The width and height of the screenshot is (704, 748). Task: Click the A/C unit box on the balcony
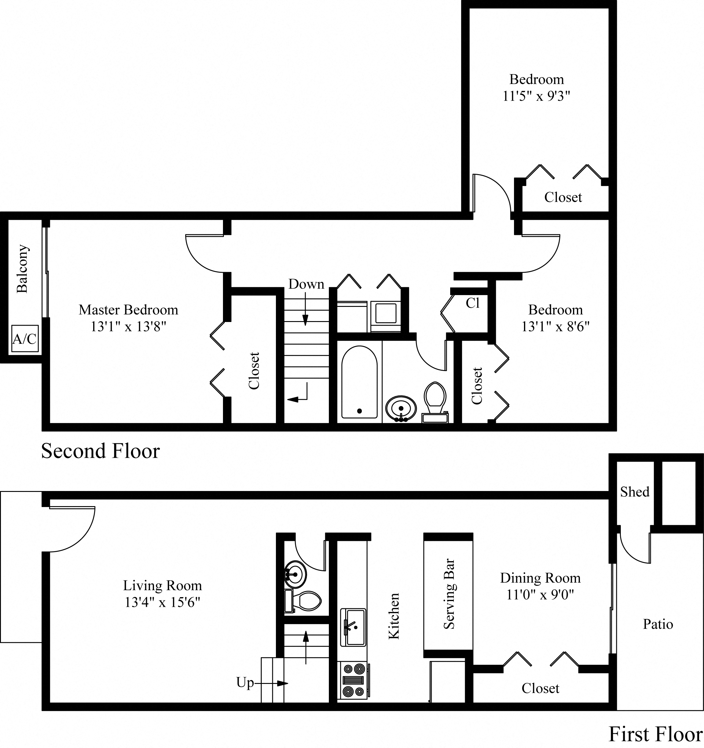pos(25,339)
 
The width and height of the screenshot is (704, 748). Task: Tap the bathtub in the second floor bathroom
pos(359,382)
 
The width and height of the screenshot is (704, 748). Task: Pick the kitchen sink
pos(353,626)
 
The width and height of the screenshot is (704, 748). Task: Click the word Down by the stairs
pos(306,284)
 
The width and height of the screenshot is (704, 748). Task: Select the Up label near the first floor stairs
pos(245,682)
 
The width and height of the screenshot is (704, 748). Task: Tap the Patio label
pos(658,624)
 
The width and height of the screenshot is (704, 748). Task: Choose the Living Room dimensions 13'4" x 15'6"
pos(162,602)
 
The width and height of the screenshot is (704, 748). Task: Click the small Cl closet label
pos(473,303)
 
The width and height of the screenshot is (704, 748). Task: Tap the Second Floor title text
pos(100,451)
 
